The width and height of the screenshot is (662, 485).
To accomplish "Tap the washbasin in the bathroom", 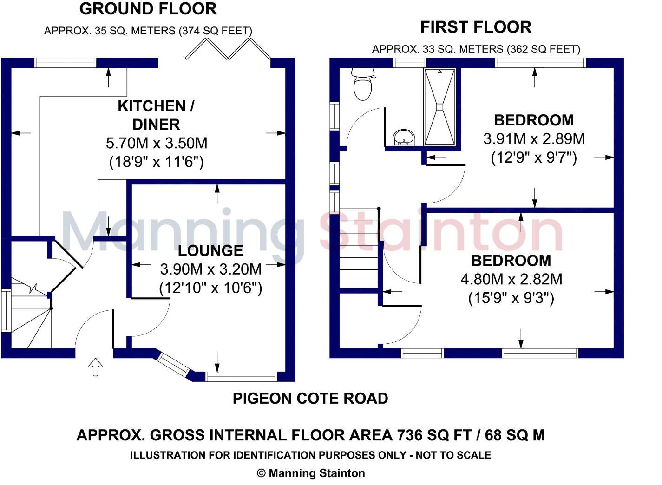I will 404,138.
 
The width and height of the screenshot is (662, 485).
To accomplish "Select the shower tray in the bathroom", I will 439,107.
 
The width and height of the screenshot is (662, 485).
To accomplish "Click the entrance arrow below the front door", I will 96,367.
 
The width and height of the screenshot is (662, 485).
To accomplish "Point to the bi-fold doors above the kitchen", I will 228,49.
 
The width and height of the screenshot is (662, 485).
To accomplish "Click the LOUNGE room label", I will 210,251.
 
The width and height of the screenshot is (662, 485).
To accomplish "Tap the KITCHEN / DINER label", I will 156,115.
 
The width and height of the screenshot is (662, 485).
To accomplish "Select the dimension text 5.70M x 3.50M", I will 157,143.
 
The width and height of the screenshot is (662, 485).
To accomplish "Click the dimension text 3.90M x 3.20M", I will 211,269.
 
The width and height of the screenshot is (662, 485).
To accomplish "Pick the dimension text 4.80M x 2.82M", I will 511,279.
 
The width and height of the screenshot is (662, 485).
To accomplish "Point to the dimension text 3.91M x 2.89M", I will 534,139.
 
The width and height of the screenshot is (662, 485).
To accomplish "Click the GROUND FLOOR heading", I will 148,9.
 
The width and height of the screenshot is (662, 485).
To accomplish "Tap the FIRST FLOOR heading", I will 476,27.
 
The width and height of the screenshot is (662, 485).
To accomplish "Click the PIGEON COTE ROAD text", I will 310,399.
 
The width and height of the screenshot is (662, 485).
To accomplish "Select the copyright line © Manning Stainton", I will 311,473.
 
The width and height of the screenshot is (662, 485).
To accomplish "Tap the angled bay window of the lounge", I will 174,365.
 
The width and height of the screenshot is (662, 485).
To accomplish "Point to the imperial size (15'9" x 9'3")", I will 511,298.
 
